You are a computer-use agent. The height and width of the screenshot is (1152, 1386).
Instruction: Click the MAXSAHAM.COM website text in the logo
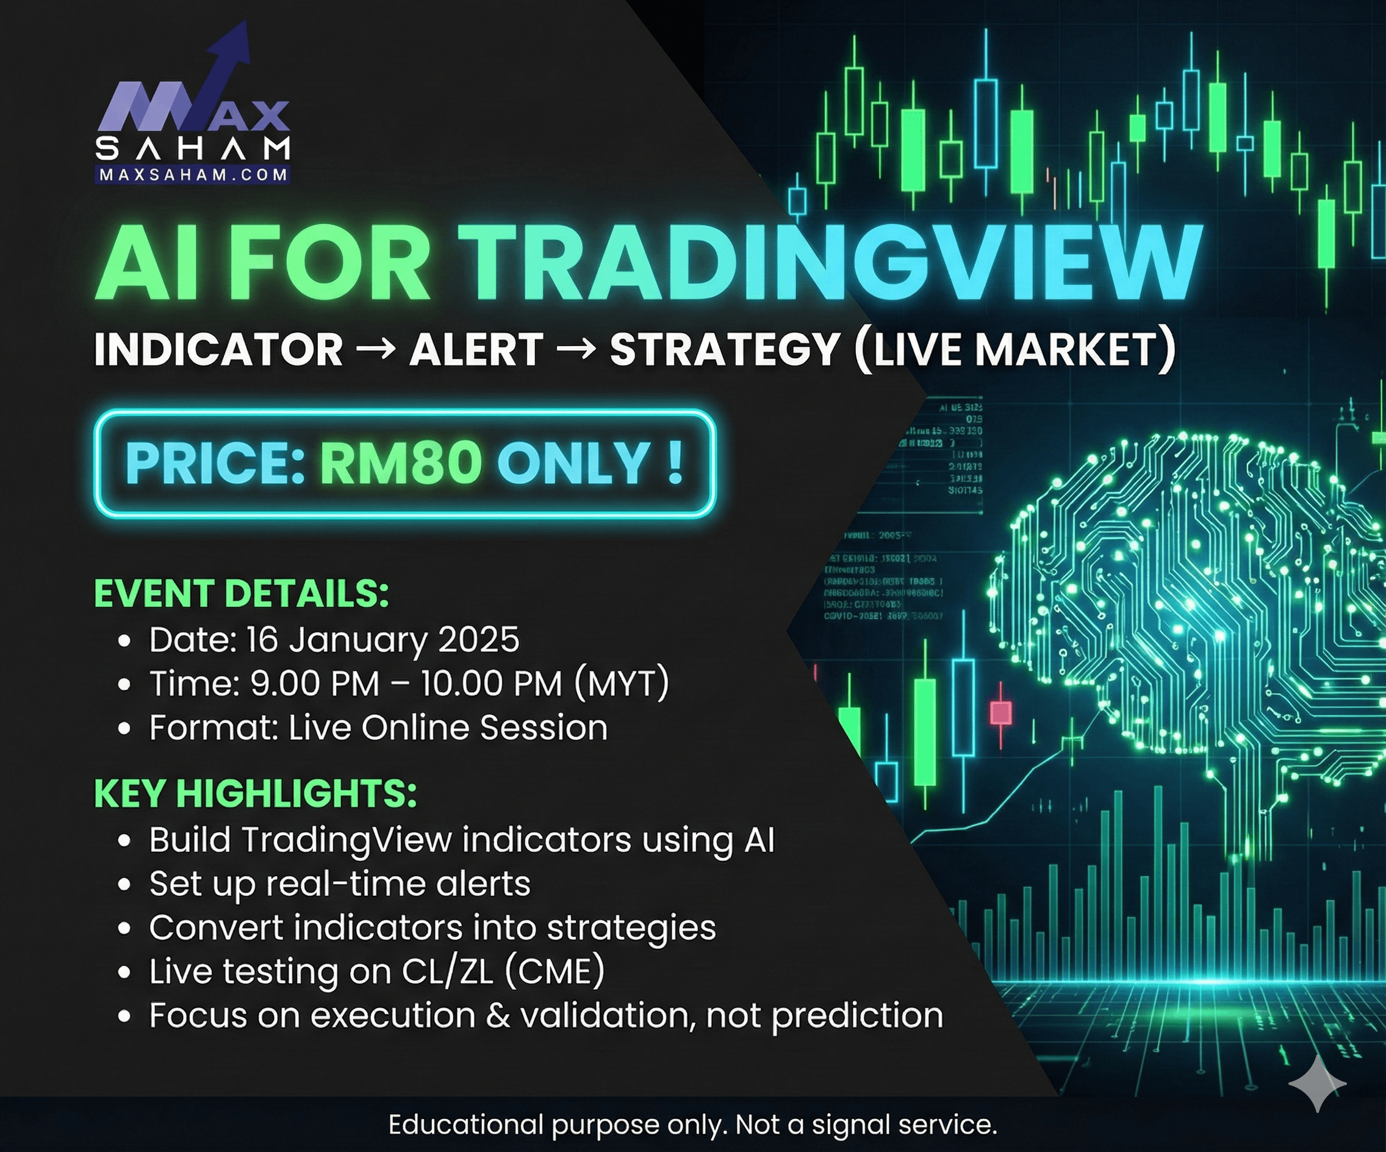pyautogui.click(x=193, y=175)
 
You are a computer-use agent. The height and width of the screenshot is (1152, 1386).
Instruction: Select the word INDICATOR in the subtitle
pyautogui.click(x=218, y=349)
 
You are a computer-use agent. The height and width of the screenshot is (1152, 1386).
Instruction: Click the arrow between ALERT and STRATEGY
pyautogui.click(x=575, y=348)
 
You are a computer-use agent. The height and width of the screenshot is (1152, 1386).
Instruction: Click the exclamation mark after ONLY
pyautogui.click(x=674, y=461)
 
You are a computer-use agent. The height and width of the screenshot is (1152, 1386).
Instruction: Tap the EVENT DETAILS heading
pyautogui.click(x=242, y=593)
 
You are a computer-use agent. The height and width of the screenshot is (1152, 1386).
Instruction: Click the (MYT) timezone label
pyautogui.click(x=621, y=683)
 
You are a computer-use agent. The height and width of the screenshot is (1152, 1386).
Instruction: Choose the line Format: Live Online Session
pyautogui.click(x=378, y=727)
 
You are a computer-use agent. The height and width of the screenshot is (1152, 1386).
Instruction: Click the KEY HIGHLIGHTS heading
pyautogui.click(x=256, y=793)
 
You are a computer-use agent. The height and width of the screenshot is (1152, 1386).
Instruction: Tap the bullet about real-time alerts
pyautogui.click(x=339, y=884)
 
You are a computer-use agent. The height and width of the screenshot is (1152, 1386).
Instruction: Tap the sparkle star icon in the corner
pyautogui.click(x=1317, y=1083)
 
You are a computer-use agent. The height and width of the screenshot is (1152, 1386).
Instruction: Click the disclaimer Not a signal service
pyautogui.click(x=866, y=1125)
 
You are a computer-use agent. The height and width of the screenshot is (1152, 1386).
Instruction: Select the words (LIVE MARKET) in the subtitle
pyautogui.click(x=1015, y=349)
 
